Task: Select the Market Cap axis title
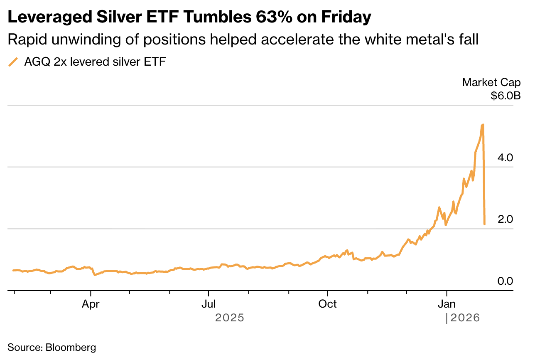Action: [491, 82]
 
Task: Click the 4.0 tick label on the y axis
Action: [506, 158]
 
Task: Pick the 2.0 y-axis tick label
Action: [506, 219]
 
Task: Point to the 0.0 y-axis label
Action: [506, 281]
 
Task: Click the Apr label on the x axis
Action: [91, 304]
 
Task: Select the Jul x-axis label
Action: [209, 304]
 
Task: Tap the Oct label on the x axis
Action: [328, 304]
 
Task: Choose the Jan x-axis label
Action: [447, 304]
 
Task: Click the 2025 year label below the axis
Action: [230, 318]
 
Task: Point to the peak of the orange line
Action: [483, 124]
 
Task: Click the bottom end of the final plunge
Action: [484, 224]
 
